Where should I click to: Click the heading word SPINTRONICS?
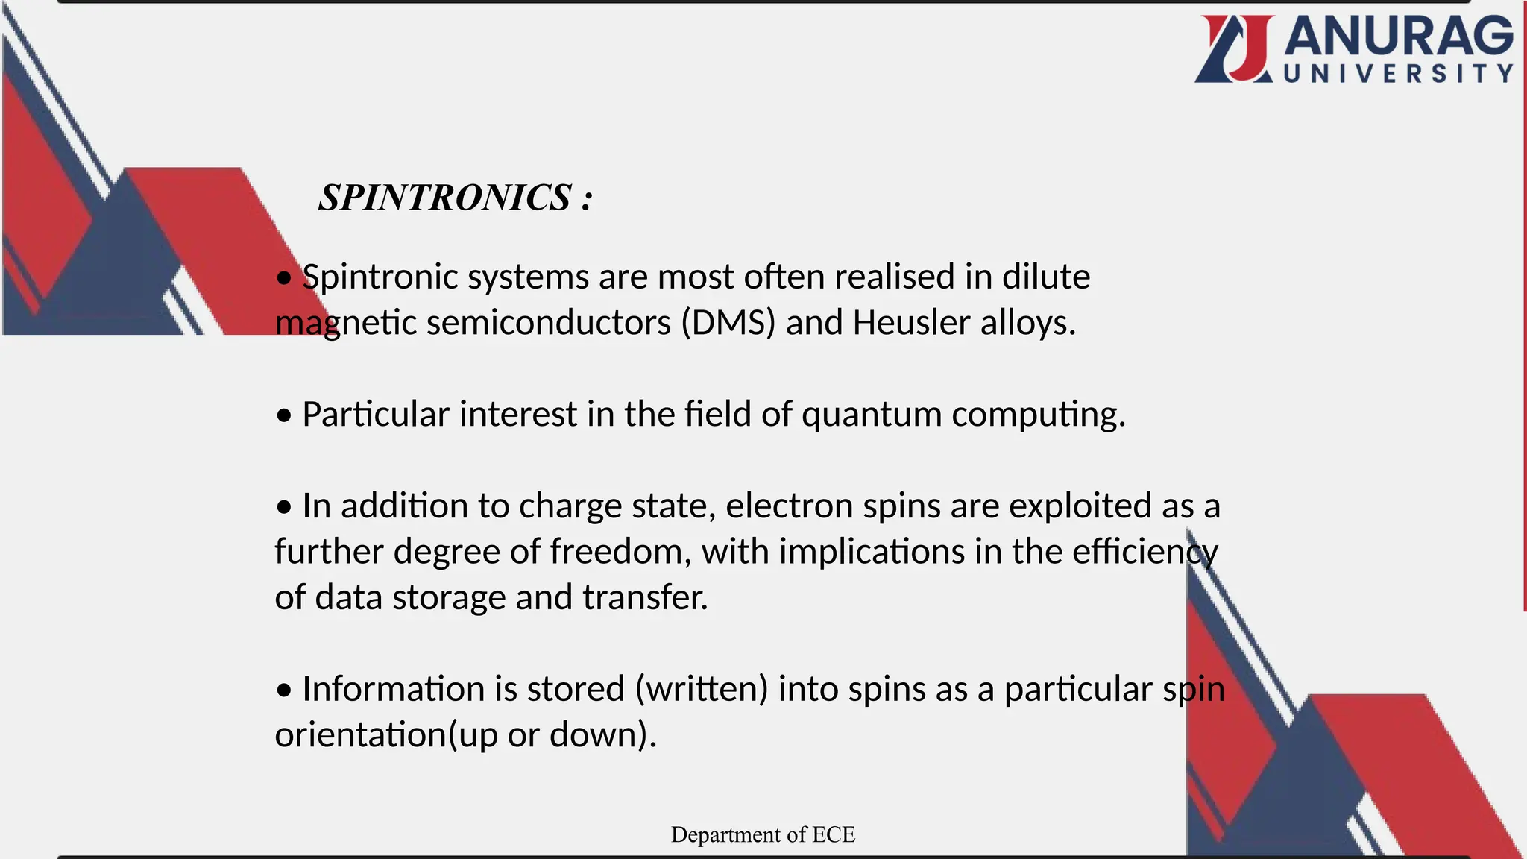[445, 198]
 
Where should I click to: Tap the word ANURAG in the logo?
[1399, 37]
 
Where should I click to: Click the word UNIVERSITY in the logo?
[1399, 73]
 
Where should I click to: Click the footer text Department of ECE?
[763, 834]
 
